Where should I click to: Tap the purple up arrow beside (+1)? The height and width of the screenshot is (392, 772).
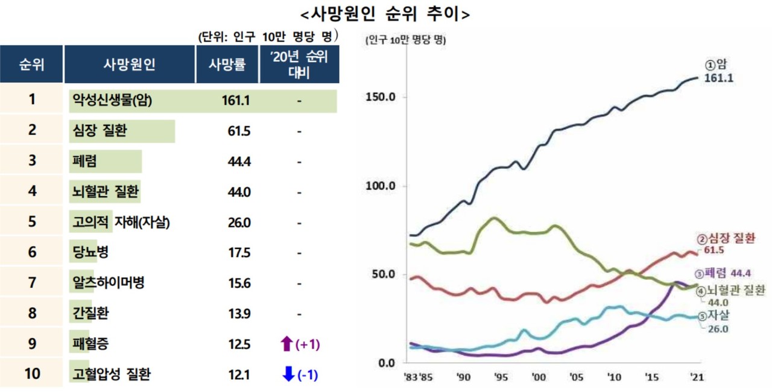coord(286,344)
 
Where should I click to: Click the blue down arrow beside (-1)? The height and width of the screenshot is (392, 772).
coord(288,375)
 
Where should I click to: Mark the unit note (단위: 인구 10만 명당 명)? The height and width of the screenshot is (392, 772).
coord(267,36)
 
